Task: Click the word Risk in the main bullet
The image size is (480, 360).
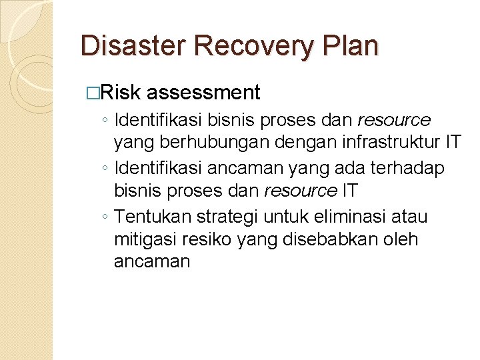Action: point(122,93)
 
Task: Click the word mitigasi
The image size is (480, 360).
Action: point(142,239)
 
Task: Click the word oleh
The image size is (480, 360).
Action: point(402,239)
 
